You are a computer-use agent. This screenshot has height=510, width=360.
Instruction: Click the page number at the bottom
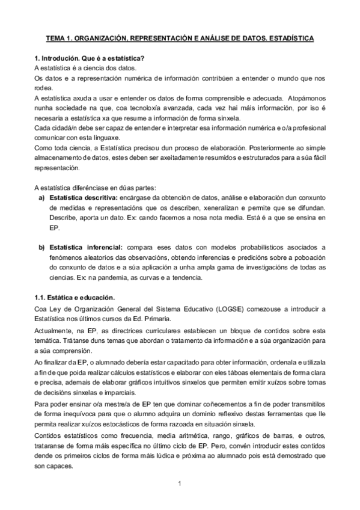coord(180,483)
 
